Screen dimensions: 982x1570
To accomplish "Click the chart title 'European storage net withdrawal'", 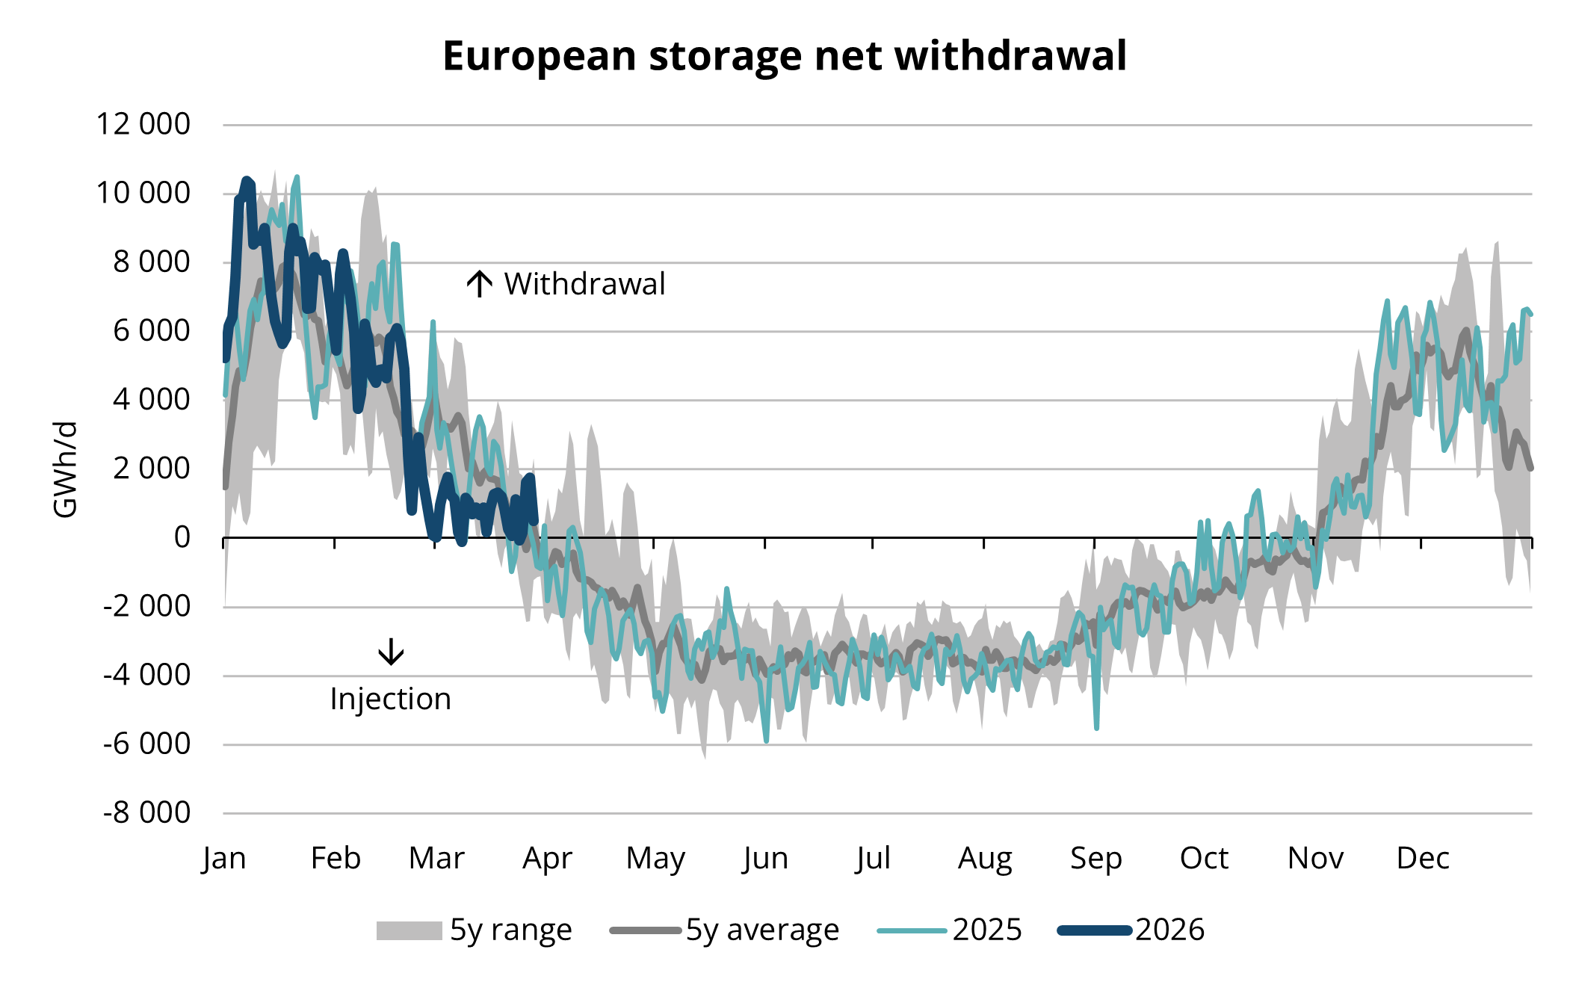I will click(x=784, y=56).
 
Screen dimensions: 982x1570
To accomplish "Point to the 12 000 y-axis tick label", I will click(x=143, y=124).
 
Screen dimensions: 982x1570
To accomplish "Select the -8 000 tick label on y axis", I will click(x=146, y=812).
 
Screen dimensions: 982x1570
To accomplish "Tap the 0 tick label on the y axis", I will click(x=182, y=537).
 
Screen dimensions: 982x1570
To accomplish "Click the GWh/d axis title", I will click(x=65, y=469).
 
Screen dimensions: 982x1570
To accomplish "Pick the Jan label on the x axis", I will click(x=223, y=858).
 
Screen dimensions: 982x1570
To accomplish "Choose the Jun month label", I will click(x=765, y=858).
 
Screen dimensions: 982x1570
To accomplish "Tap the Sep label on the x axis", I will click(x=1095, y=858).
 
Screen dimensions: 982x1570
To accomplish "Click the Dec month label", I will click(x=1422, y=858).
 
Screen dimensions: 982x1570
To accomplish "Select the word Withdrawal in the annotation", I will click(x=584, y=284).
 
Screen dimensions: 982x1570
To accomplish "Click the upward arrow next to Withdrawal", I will click(x=479, y=284).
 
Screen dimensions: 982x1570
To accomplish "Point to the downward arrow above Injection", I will click(x=391, y=651).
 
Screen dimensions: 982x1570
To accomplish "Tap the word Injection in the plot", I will click(x=391, y=699).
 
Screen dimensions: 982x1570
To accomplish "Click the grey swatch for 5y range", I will click(x=409, y=930).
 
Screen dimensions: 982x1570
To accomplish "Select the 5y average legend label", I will click(x=762, y=930).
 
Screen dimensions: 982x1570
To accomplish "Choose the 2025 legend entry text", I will click(x=986, y=930).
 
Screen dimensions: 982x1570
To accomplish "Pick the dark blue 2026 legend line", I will click(x=1094, y=930).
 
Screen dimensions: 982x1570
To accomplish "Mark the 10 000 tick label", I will click(x=143, y=193).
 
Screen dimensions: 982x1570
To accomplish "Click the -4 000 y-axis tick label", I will click(x=146, y=675).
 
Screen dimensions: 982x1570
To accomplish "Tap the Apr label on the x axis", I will click(x=547, y=858).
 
